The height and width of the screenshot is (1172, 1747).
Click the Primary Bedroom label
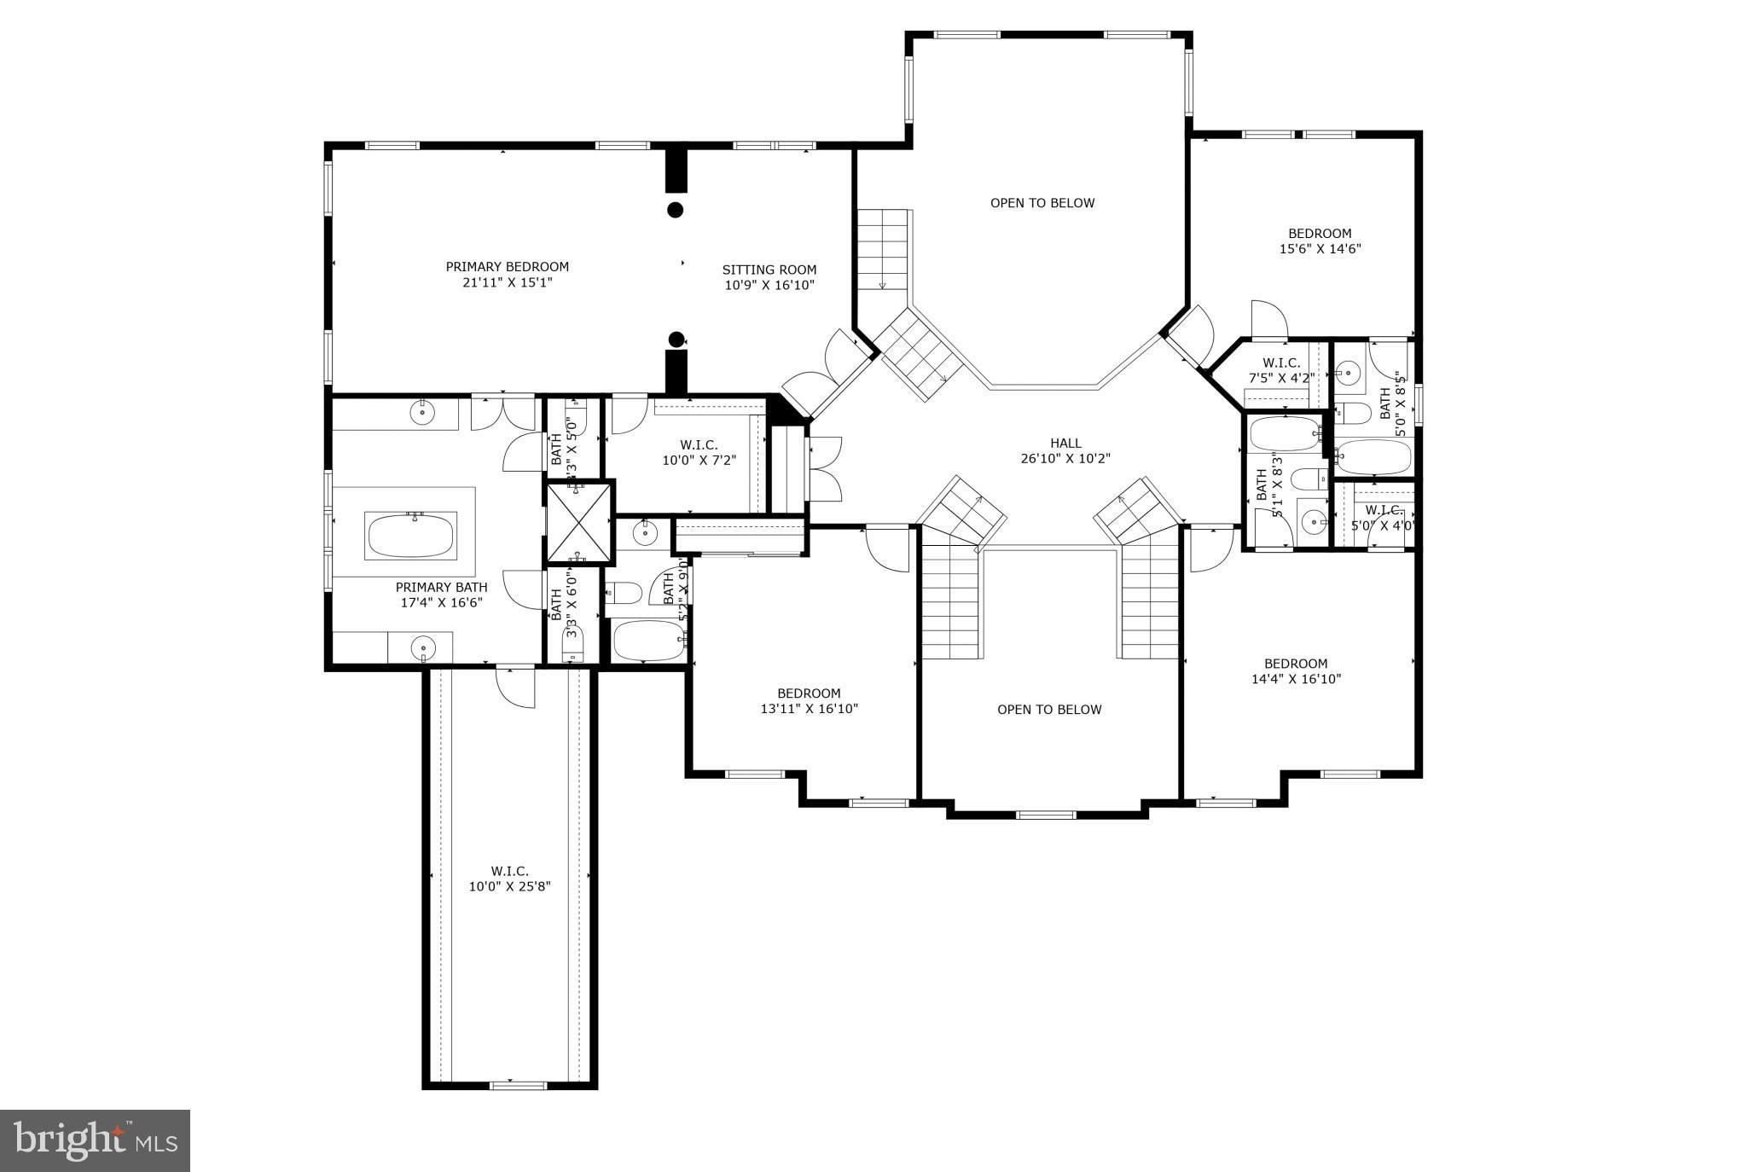click(x=507, y=267)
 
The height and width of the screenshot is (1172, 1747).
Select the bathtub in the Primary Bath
click(x=411, y=536)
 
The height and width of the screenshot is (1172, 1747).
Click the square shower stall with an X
click(x=579, y=524)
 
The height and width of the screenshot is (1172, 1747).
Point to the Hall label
click(x=1065, y=443)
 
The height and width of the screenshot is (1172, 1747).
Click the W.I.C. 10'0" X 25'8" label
click(x=509, y=879)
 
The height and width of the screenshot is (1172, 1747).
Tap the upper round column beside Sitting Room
click(x=675, y=209)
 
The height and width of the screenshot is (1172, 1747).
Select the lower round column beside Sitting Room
click(x=676, y=339)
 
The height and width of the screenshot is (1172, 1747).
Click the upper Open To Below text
click(x=1042, y=203)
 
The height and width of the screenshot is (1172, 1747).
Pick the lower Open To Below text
click(x=1049, y=710)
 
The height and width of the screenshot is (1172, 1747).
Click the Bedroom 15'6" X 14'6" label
click(x=1319, y=241)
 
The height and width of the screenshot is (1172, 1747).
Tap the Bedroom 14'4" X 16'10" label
click(x=1295, y=671)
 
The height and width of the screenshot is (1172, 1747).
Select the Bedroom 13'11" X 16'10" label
click(x=809, y=701)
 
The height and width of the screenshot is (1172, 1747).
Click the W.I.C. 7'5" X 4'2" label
click(x=1280, y=370)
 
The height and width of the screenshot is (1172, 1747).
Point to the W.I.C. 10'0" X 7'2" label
click(x=699, y=452)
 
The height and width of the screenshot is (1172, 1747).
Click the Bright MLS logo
click(x=95, y=1140)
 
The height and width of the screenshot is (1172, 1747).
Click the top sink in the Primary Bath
click(x=422, y=413)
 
